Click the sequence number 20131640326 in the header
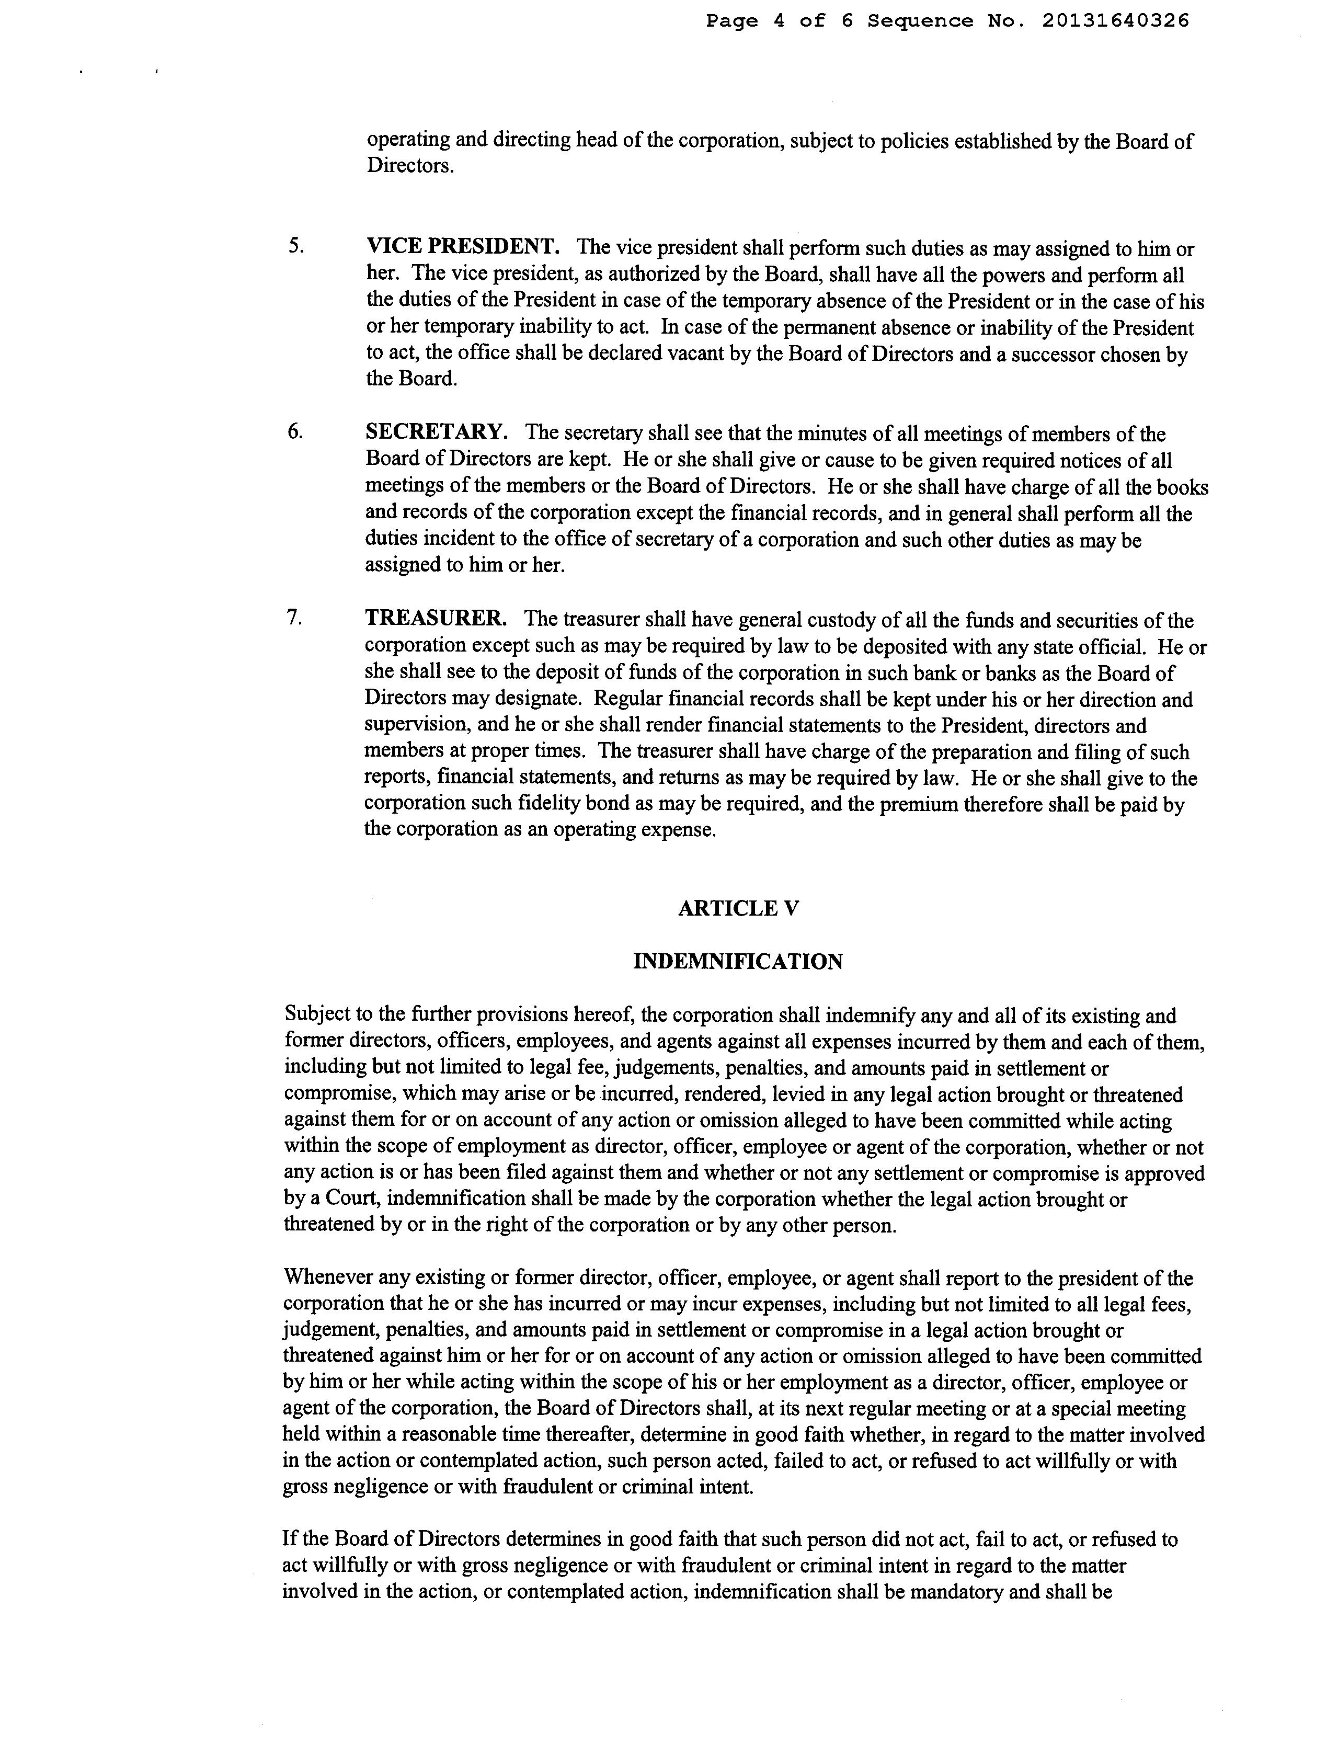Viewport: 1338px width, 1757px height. tap(1115, 21)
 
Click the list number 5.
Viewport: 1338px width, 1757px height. tap(295, 246)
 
